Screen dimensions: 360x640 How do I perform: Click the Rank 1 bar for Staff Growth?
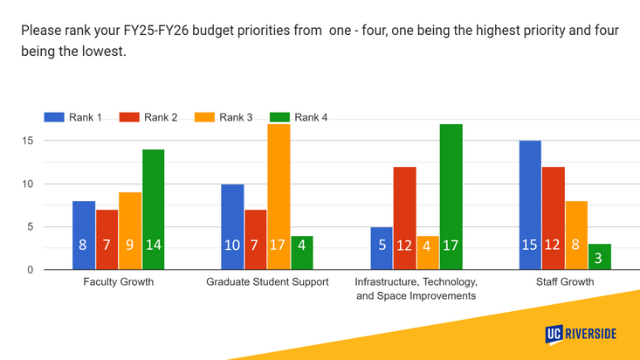(530, 205)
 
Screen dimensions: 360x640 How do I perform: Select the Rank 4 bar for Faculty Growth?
(153, 210)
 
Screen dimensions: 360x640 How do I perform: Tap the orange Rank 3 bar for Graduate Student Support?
(279, 197)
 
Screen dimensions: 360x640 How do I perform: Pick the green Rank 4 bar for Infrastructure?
(451, 197)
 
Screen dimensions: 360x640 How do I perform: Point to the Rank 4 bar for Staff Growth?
(600, 257)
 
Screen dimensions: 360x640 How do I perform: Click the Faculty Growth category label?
(118, 282)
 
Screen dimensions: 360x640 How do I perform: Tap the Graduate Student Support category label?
(267, 282)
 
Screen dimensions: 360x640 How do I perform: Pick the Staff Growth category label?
(564, 282)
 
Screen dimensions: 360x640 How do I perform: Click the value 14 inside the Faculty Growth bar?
(153, 246)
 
